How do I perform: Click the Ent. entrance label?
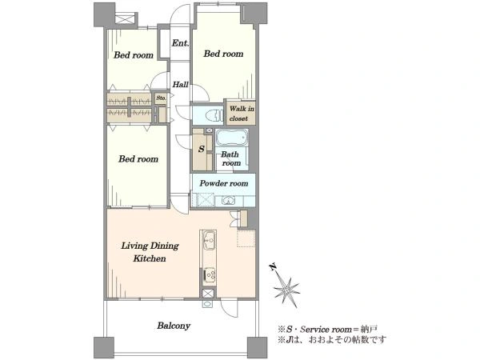(x=180, y=43)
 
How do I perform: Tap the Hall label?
(x=180, y=85)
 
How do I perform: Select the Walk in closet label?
(x=242, y=114)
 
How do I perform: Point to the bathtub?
(x=231, y=138)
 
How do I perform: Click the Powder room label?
(x=224, y=183)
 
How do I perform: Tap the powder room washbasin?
(x=227, y=201)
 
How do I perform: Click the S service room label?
(x=201, y=149)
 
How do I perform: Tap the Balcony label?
(x=174, y=326)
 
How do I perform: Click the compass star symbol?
(x=286, y=290)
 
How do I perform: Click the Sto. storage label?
(x=161, y=98)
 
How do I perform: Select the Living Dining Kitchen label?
(x=150, y=252)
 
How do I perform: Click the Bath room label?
(x=231, y=158)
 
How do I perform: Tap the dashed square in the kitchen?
(x=246, y=238)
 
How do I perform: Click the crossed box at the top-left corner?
(x=126, y=18)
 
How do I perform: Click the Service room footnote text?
(x=327, y=330)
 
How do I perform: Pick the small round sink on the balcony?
(x=207, y=304)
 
